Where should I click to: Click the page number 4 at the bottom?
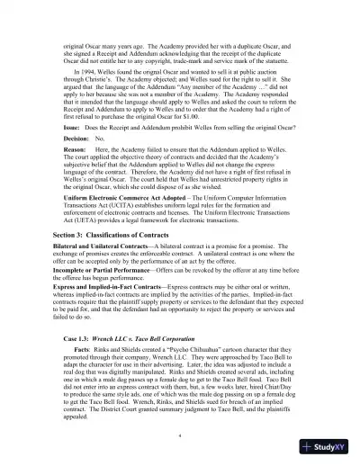180,434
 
